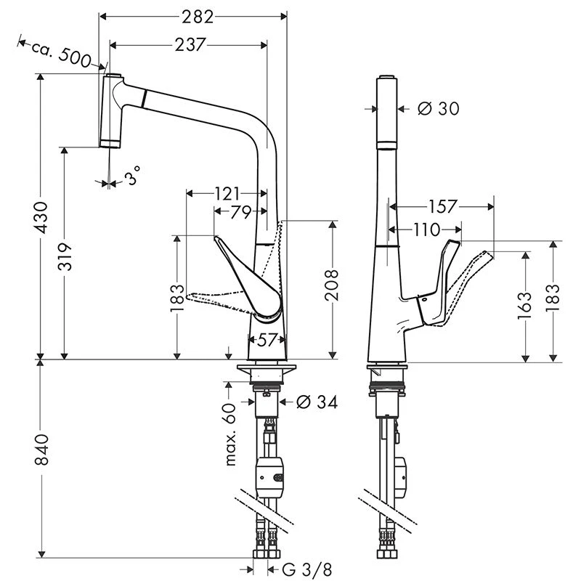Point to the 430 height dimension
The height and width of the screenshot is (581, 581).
44,216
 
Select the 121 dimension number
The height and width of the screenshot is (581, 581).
227,194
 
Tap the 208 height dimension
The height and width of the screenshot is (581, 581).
332,285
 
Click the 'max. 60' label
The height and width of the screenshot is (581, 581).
232,434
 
